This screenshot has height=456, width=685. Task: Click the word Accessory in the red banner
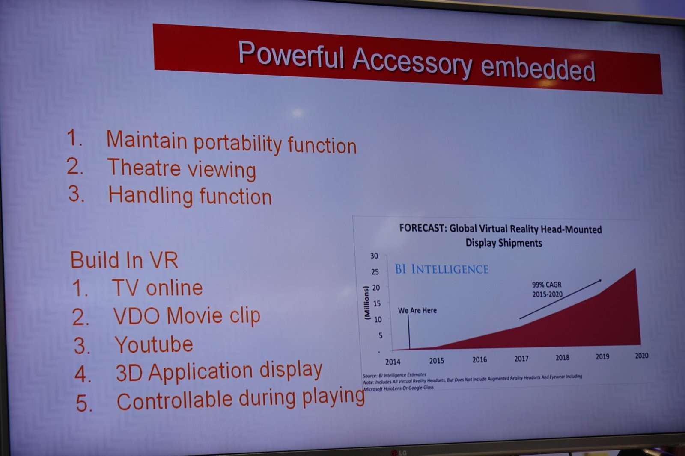412,62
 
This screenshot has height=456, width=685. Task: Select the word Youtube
154,344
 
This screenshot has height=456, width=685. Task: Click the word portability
238,144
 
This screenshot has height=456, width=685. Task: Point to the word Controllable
174,400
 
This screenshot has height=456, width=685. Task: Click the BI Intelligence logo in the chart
441,269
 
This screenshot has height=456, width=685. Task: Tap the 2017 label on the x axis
521,359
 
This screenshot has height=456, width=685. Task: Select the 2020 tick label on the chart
641,356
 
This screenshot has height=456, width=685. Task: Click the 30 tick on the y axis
374,256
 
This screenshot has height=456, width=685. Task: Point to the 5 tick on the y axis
381,335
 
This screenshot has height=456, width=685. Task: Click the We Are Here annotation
417,310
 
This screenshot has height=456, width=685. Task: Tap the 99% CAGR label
547,285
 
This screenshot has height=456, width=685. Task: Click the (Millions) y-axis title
367,303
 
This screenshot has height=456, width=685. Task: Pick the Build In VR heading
124,260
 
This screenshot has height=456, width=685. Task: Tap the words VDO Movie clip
187,315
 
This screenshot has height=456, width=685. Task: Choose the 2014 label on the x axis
393,362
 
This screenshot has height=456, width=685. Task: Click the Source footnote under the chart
394,374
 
